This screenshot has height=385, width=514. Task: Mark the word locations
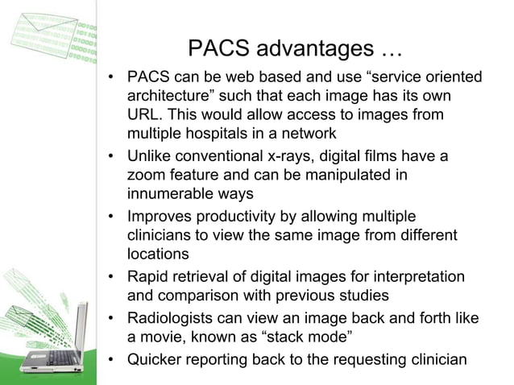pos(158,254)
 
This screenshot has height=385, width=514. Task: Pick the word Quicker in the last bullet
pos(156,359)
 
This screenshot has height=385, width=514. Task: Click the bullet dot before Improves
pos(114,217)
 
